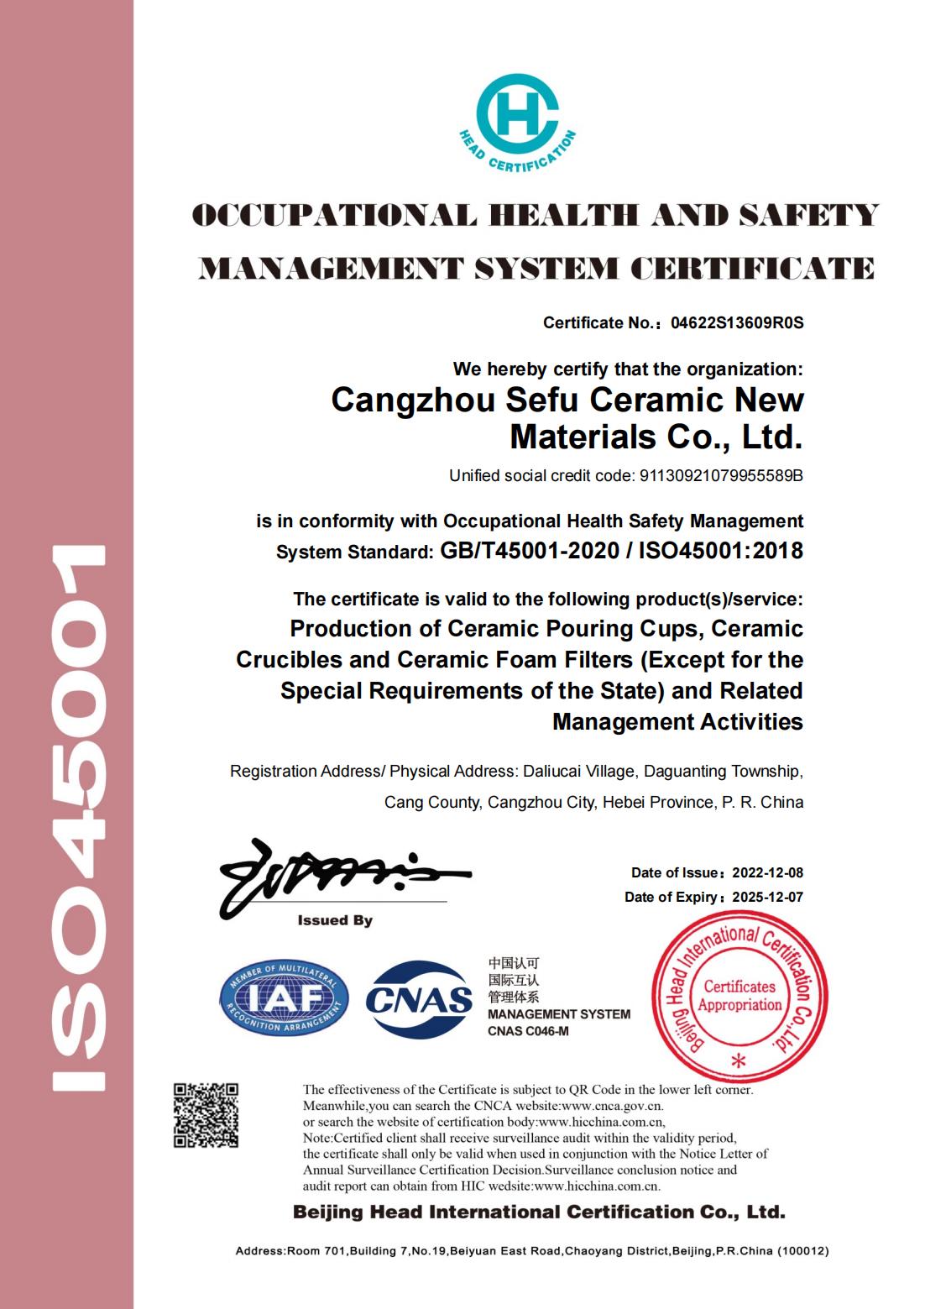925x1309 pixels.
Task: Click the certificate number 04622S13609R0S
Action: tap(738, 322)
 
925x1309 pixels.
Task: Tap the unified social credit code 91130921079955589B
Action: tap(721, 476)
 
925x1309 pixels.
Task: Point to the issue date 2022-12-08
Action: tap(767, 873)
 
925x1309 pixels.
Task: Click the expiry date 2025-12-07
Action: tap(767, 898)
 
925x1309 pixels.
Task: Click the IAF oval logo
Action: tap(285, 997)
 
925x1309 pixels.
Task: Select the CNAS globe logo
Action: tap(420, 998)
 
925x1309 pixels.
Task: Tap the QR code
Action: tap(206, 1115)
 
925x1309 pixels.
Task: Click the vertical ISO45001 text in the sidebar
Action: tap(79, 819)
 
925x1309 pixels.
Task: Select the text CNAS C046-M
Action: tap(528, 1031)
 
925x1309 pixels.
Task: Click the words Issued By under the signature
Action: tap(335, 921)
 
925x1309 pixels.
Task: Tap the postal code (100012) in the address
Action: tap(803, 1251)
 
